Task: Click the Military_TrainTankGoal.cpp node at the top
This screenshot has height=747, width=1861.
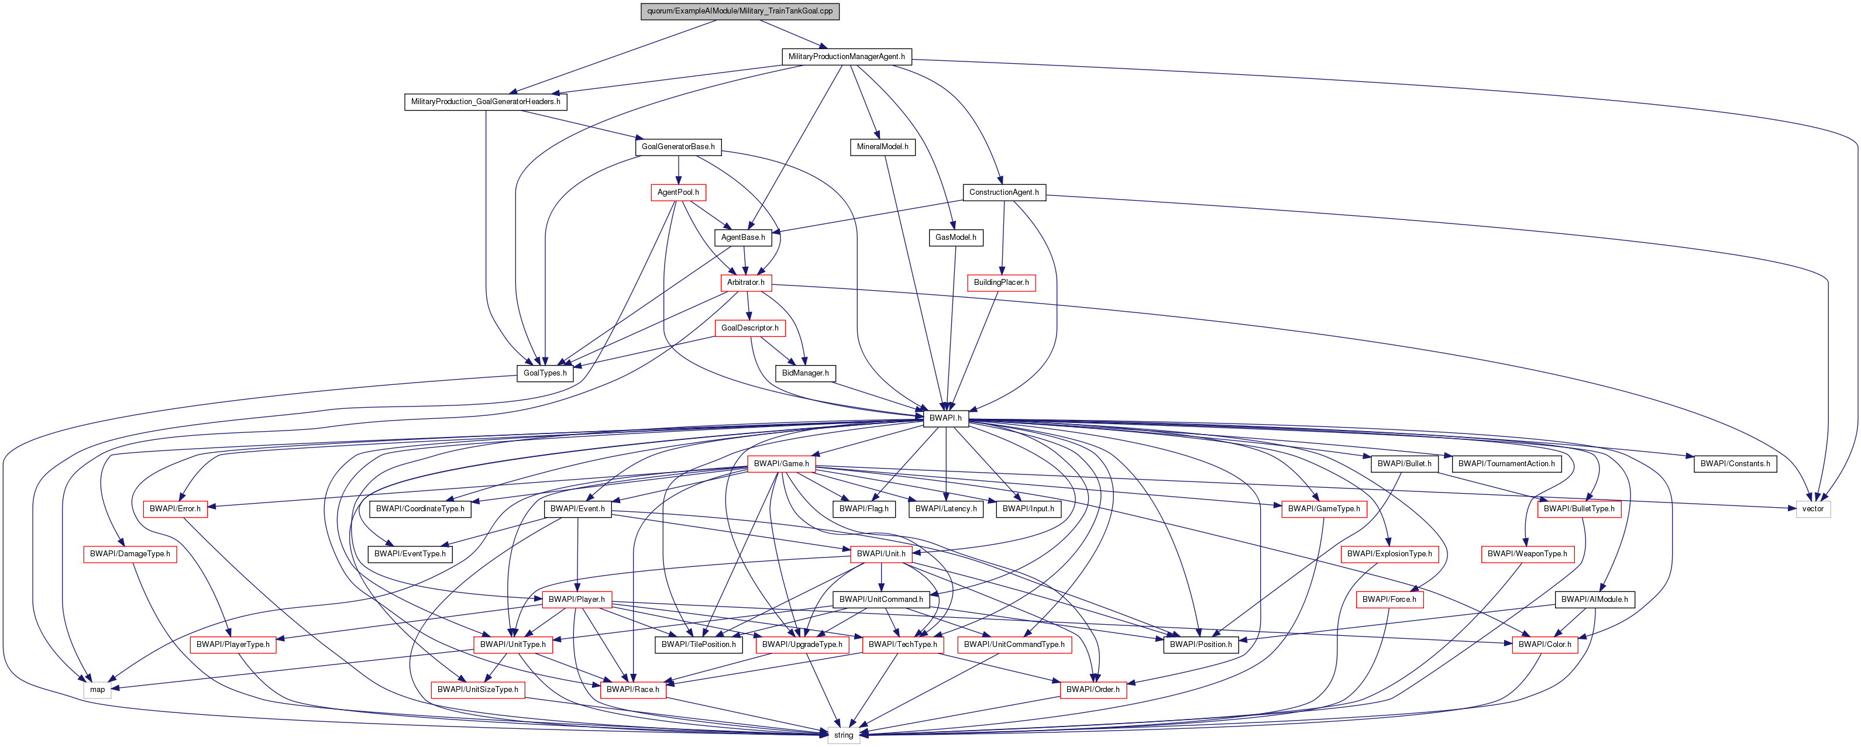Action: tap(739, 11)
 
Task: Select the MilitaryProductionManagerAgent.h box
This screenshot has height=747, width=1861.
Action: tap(846, 56)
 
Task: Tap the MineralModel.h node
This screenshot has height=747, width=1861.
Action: tap(882, 147)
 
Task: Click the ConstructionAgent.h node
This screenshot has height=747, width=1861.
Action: tap(1003, 192)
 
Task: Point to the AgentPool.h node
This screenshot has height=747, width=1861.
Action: tap(677, 192)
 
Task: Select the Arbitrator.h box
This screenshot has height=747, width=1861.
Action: tap(745, 283)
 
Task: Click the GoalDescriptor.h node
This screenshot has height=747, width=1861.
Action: tap(750, 328)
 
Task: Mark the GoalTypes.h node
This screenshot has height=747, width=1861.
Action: tap(545, 373)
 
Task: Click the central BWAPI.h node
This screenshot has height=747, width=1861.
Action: tap(945, 418)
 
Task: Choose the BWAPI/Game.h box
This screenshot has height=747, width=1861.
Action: tap(781, 464)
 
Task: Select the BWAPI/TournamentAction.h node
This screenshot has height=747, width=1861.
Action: tap(1506, 464)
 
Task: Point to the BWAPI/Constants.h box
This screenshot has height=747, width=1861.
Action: tap(1735, 464)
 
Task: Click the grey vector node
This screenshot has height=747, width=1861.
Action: tap(1812, 508)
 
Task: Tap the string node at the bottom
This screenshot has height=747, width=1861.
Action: tap(843, 735)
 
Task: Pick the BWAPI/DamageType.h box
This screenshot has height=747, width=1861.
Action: tap(130, 554)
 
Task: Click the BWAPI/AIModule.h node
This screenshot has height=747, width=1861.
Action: tap(1594, 600)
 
